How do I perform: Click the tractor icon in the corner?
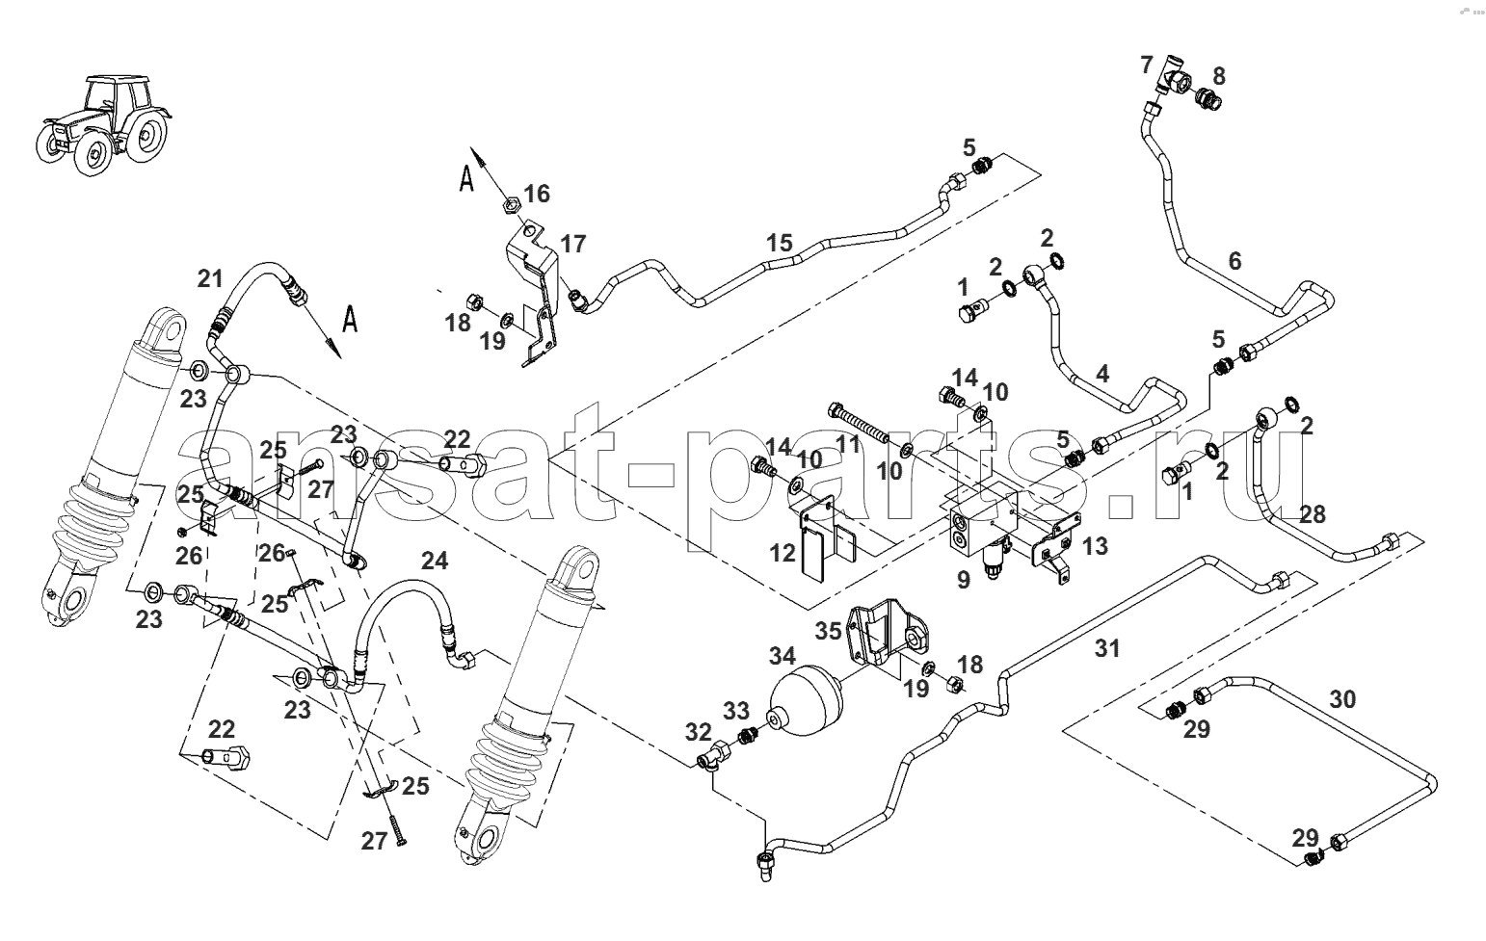[103, 126]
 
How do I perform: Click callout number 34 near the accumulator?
[783, 657]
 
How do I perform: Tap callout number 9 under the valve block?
[964, 580]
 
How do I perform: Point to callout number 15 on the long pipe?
[780, 243]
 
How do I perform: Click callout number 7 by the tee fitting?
[1147, 65]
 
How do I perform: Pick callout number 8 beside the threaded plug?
[1219, 76]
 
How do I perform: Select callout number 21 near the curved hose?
[210, 278]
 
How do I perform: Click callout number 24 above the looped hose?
[435, 561]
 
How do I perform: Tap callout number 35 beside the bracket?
[828, 631]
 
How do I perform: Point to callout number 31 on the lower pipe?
[1107, 648]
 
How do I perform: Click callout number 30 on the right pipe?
[1342, 699]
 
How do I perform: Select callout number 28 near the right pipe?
[1313, 514]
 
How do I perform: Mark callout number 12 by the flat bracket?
[783, 553]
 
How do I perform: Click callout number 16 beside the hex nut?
[537, 194]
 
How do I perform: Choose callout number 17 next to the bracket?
[573, 244]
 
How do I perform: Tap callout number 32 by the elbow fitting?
[698, 732]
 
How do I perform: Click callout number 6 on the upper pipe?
[1234, 261]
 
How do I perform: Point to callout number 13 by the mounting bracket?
[1096, 546]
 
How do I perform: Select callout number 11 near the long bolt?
[848, 444]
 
